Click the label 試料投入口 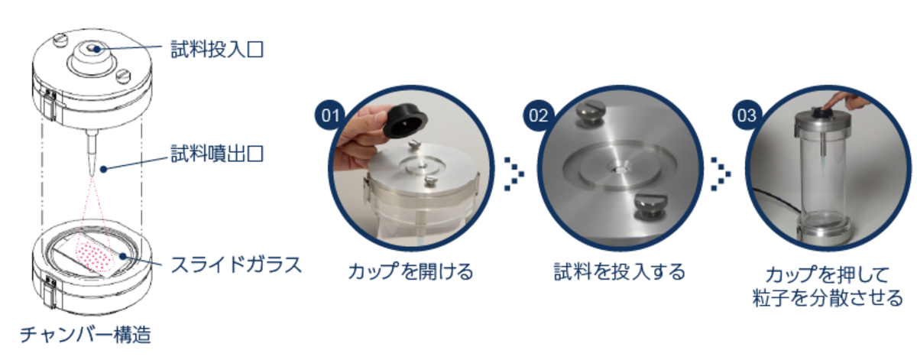[x=217, y=50]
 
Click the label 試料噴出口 [x=217, y=154]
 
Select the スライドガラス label [x=236, y=264]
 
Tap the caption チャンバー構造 [x=86, y=334]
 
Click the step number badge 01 [x=330, y=115]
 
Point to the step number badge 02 [x=538, y=115]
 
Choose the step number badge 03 [x=747, y=115]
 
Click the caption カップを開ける [x=410, y=271]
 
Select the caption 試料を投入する [x=620, y=271]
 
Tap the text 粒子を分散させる [x=828, y=298]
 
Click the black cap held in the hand [x=405, y=121]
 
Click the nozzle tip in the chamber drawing [x=92, y=172]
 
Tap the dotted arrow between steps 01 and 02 [x=514, y=174]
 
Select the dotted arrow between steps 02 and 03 [x=721, y=174]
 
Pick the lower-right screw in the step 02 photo [x=650, y=208]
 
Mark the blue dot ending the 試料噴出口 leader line [x=104, y=169]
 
